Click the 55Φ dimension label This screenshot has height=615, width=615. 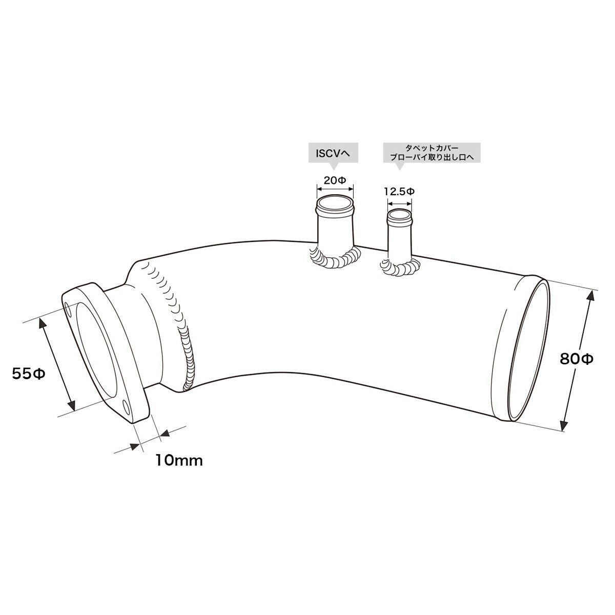tap(28, 374)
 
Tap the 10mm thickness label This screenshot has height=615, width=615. tap(179, 461)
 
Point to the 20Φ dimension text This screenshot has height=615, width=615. tap(335, 180)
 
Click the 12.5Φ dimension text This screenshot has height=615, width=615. tap(399, 192)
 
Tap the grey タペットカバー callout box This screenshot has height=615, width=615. tap(432, 154)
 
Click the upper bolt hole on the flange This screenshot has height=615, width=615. tap(68, 309)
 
